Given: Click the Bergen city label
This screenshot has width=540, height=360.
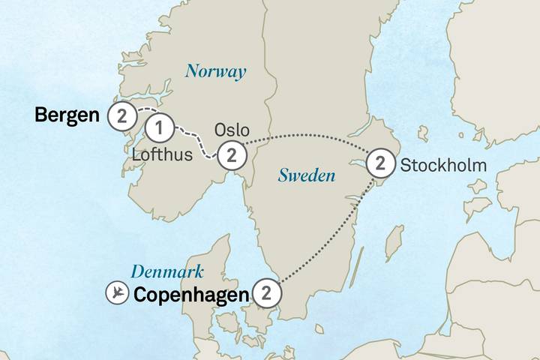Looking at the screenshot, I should pos(67,115).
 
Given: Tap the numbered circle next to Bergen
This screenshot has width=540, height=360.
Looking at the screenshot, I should pos(121,115).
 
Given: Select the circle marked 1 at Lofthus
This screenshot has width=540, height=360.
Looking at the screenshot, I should pos(159,128).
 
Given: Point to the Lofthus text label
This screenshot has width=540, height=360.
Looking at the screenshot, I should pos(162,155).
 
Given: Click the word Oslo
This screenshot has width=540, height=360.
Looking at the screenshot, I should pos(232,130).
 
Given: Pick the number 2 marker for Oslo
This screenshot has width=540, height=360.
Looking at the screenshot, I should pos(232,155).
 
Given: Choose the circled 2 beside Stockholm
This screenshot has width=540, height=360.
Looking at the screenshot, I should pos(380,163).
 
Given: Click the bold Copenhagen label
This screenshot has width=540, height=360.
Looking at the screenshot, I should pos(190,295).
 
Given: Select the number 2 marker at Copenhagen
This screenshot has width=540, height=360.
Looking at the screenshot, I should pos(267,293).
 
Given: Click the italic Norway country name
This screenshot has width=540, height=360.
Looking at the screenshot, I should pos(216,72).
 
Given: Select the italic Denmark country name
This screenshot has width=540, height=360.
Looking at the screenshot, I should pos(168,271).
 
